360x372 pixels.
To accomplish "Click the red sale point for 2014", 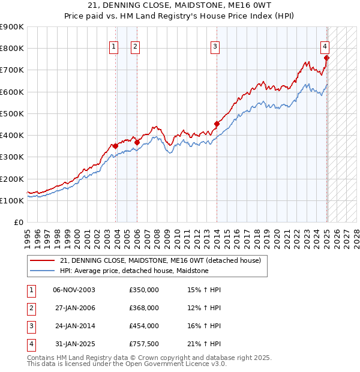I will coord(217,124).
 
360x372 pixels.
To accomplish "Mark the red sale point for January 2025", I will coord(326,58).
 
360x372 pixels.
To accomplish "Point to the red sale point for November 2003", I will coord(115,146).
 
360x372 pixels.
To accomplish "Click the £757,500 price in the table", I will coord(144,344).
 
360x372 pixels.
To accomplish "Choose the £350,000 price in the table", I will coord(144,290).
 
